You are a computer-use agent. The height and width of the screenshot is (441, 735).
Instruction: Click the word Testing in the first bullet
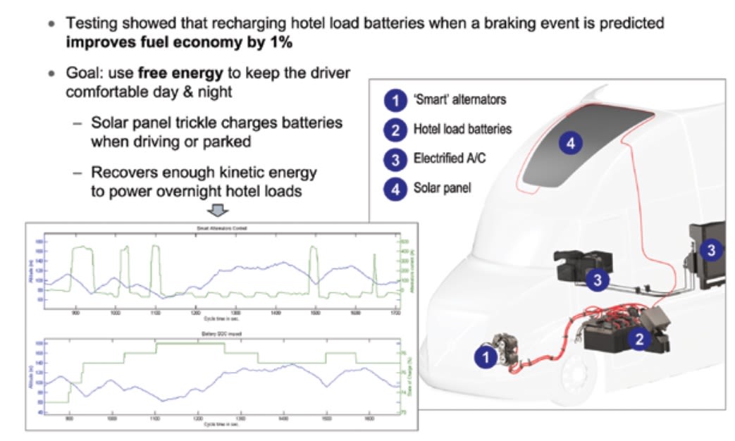pos(91,23)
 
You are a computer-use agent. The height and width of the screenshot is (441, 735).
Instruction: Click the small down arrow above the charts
pos(219,211)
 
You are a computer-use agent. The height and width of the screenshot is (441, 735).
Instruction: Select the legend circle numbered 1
pos(395,101)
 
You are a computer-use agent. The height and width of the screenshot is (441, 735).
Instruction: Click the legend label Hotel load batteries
pos(462,130)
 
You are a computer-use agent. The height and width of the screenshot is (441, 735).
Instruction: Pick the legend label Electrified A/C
pos(450,159)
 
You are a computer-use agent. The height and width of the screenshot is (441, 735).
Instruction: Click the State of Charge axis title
pos(412,377)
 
